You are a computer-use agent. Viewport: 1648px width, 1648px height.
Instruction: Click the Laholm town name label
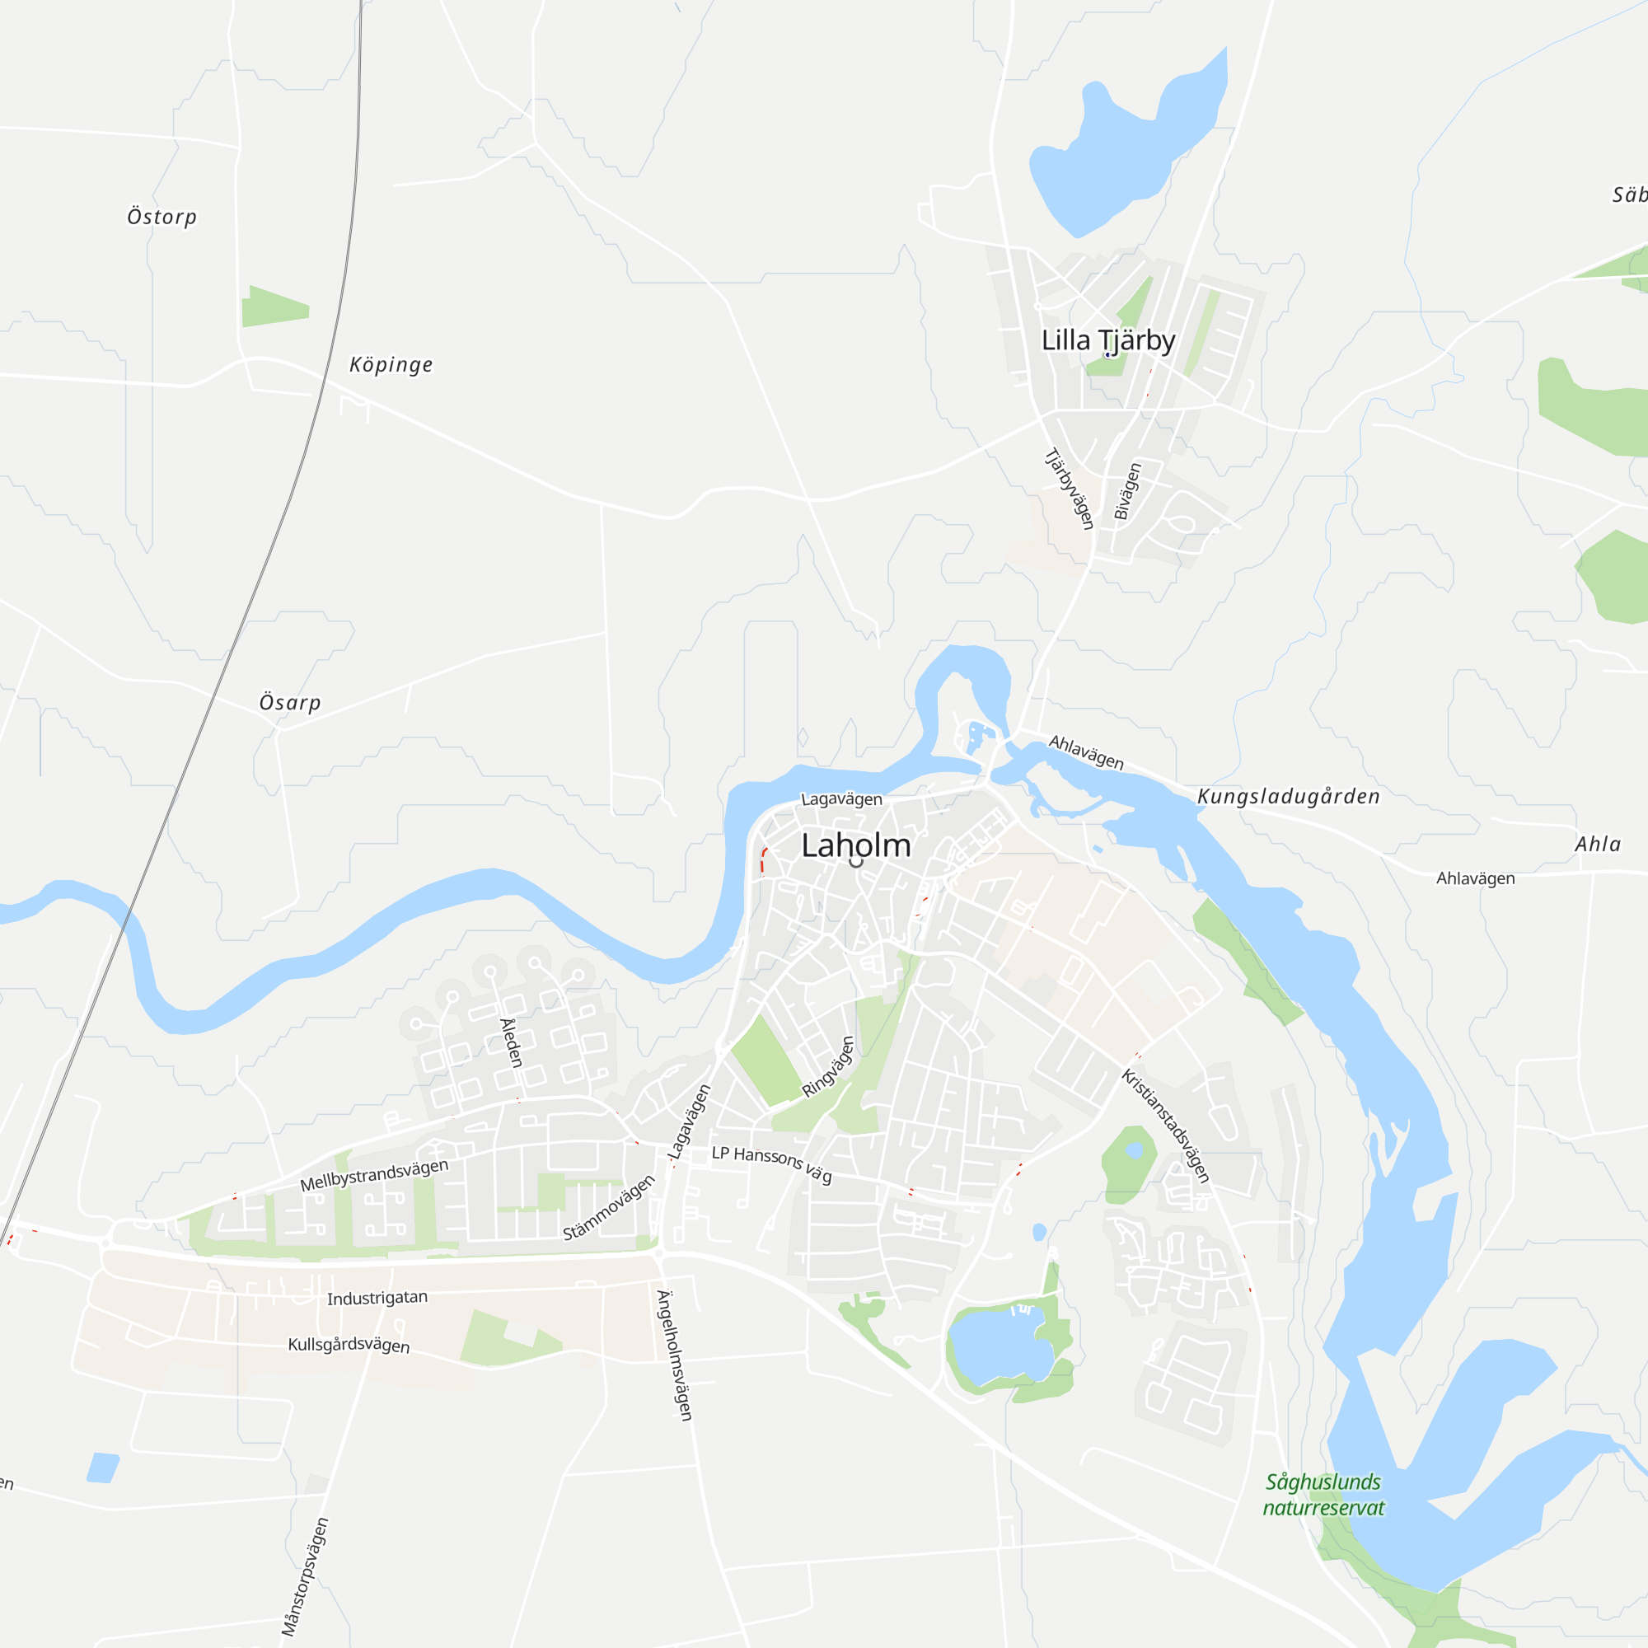click(855, 845)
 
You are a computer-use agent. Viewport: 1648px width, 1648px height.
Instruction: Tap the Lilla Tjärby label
click(1108, 340)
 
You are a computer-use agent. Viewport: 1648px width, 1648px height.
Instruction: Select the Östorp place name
click(162, 217)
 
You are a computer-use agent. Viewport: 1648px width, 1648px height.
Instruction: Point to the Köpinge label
click(391, 364)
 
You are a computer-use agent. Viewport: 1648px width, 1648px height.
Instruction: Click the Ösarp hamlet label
click(290, 702)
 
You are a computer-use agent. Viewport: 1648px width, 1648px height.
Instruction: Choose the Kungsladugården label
click(1288, 796)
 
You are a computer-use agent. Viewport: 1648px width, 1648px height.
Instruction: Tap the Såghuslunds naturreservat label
click(1323, 1495)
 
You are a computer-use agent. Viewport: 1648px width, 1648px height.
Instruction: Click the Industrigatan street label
click(377, 1298)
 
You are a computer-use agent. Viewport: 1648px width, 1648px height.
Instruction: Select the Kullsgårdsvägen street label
click(349, 1344)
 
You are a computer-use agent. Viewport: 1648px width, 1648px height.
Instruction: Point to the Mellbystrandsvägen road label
click(373, 1176)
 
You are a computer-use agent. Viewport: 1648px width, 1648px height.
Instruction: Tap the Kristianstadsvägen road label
click(1165, 1125)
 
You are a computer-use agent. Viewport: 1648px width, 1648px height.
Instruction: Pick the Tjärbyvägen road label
click(1070, 489)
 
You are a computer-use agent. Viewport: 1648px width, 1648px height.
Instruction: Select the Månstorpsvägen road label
click(305, 1576)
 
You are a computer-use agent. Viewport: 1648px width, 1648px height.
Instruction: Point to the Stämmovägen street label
click(608, 1208)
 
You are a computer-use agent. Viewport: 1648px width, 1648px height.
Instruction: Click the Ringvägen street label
click(827, 1067)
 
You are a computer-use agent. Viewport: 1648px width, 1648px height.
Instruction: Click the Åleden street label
click(511, 1042)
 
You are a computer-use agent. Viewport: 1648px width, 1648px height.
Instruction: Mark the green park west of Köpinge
click(274, 307)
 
